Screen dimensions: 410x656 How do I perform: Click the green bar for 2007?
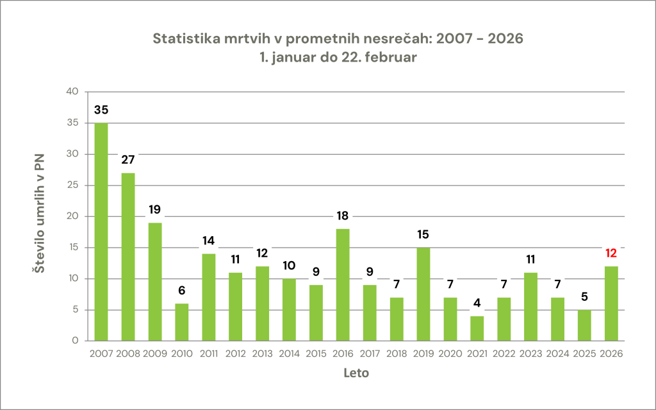tap(101, 232)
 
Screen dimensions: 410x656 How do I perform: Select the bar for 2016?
tap(343, 285)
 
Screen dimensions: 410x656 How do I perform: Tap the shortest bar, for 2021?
tap(477, 329)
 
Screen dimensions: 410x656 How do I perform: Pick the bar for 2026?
tap(612, 303)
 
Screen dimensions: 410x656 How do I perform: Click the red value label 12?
tap(612, 253)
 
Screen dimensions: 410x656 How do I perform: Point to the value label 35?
tap(101, 110)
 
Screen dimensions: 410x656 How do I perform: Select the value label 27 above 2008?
tap(128, 160)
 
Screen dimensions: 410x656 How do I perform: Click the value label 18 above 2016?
tap(343, 216)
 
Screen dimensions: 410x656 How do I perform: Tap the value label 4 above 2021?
tap(477, 303)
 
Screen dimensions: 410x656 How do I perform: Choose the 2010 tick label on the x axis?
tap(182, 354)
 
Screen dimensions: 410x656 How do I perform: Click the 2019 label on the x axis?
tap(423, 354)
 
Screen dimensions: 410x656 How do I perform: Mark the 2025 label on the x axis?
tap(585, 354)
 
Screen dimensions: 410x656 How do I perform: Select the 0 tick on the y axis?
tap(75, 341)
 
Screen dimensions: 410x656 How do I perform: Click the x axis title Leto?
tap(356, 373)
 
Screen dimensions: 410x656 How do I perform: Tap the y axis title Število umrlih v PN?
tap(39, 216)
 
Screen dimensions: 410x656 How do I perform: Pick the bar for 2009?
tap(155, 282)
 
